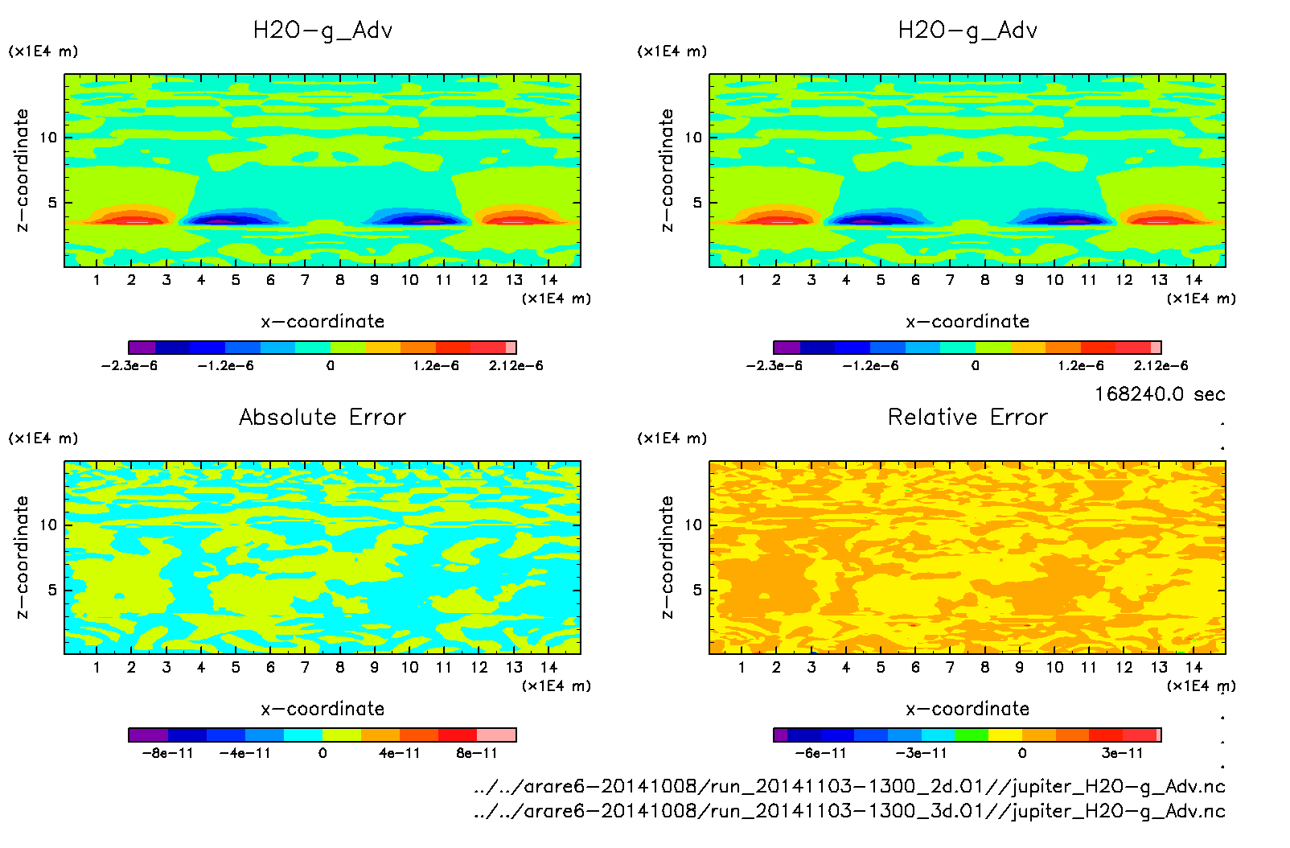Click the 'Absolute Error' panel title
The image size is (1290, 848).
coord(322,417)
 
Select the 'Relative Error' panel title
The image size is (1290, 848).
coord(967,417)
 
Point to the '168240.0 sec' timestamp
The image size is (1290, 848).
coord(1159,394)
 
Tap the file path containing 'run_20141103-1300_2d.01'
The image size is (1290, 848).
coord(849,786)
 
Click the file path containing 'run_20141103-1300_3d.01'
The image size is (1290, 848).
coord(849,811)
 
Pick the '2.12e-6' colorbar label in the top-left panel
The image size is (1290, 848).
coord(516,365)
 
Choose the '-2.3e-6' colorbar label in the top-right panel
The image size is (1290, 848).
coord(774,365)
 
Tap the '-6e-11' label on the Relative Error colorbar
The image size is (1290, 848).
coord(820,753)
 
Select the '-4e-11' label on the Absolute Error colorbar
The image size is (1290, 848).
coord(245,753)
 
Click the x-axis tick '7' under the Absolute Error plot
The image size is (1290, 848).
coord(305,667)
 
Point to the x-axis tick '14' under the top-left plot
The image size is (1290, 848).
coord(548,280)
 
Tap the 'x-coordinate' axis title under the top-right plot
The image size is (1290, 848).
coord(967,322)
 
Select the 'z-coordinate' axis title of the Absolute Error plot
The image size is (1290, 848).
coord(22,557)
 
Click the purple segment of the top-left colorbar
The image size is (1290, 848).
coord(142,348)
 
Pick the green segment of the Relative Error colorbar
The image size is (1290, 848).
coord(972,735)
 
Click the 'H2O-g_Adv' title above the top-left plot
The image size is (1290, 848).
coord(322,31)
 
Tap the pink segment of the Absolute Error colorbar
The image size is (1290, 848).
coord(496,735)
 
